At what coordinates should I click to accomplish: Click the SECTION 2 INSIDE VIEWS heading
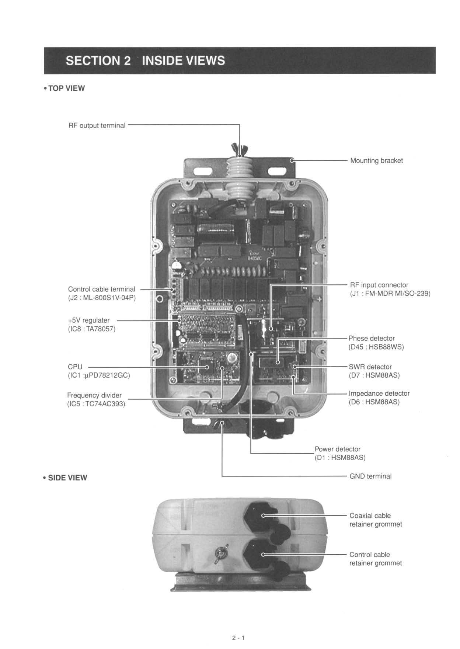coord(145,60)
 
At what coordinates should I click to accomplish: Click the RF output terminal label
coord(97,126)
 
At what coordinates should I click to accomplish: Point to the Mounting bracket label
coord(376,161)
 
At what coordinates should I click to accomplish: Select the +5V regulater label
coord(89,320)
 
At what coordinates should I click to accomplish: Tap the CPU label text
coord(75,367)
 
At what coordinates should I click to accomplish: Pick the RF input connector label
coord(379,285)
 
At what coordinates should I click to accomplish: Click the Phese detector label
coord(372,339)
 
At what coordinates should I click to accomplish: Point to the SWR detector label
coord(370,367)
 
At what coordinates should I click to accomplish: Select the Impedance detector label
coord(379,393)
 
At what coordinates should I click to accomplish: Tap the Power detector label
coord(337,449)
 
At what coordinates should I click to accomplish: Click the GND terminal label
coord(370,476)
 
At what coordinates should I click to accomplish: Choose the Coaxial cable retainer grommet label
coord(375,520)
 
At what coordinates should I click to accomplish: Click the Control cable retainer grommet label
coord(375,559)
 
